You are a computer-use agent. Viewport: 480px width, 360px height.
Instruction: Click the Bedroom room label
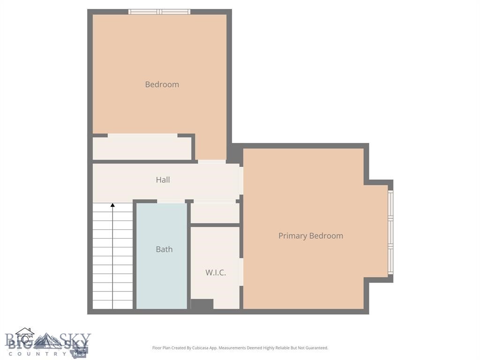click(x=162, y=84)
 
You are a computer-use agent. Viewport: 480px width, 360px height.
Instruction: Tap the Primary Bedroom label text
click(x=310, y=236)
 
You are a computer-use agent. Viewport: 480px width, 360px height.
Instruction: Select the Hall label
click(x=163, y=180)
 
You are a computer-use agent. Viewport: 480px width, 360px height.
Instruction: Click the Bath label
click(x=164, y=249)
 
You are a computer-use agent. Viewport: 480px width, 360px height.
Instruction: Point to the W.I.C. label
click(x=216, y=272)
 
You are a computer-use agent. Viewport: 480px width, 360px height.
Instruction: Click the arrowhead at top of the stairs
click(x=112, y=205)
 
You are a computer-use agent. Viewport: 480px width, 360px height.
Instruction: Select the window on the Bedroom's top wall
click(x=159, y=12)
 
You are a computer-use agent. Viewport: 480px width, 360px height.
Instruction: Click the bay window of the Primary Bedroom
click(x=390, y=232)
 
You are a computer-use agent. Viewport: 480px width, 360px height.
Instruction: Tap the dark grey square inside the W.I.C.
click(x=202, y=304)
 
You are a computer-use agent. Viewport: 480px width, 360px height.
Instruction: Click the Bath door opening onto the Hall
click(x=171, y=202)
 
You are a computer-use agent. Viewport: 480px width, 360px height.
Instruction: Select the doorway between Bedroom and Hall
click(x=211, y=162)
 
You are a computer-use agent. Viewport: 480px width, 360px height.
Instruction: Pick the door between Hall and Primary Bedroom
click(x=241, y=180)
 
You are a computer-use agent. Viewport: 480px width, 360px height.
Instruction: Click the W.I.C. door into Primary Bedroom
click(x=241, y=272)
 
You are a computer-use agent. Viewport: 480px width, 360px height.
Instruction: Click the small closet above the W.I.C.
click(x=215, y=213)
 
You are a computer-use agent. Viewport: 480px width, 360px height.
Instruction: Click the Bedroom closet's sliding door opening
click(x=142, y=135)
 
